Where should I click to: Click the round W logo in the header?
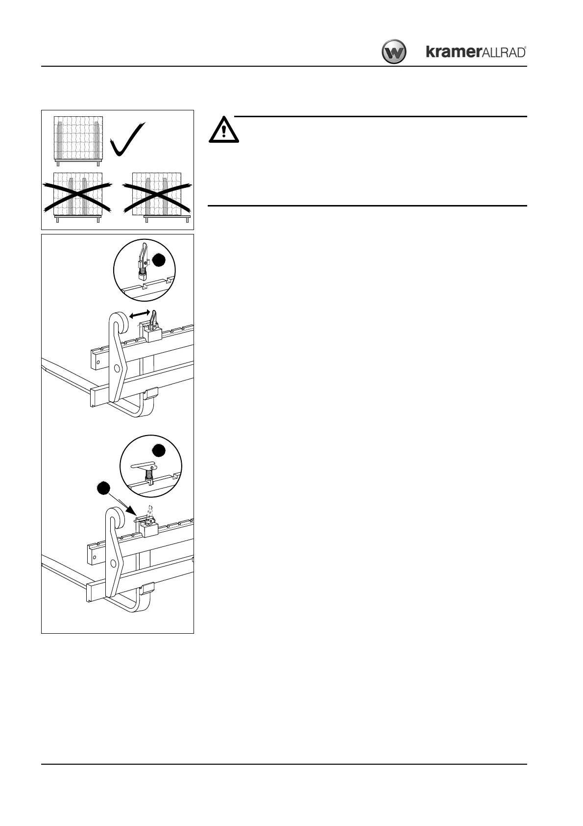(x=394, y=52)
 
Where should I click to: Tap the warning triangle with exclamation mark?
(x=224, y=130)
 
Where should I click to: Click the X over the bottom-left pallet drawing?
(x=77, y=196)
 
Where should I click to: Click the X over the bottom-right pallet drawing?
(x=157, y=196)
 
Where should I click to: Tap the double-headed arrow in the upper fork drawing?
(x=140, y=314)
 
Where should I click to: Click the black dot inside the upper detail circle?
(x=159, y=260)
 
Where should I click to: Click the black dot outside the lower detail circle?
(x=102, y=488)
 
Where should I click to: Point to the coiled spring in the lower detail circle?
(x=147, y=474)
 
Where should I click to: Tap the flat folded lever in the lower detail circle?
(x=143, y=465)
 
